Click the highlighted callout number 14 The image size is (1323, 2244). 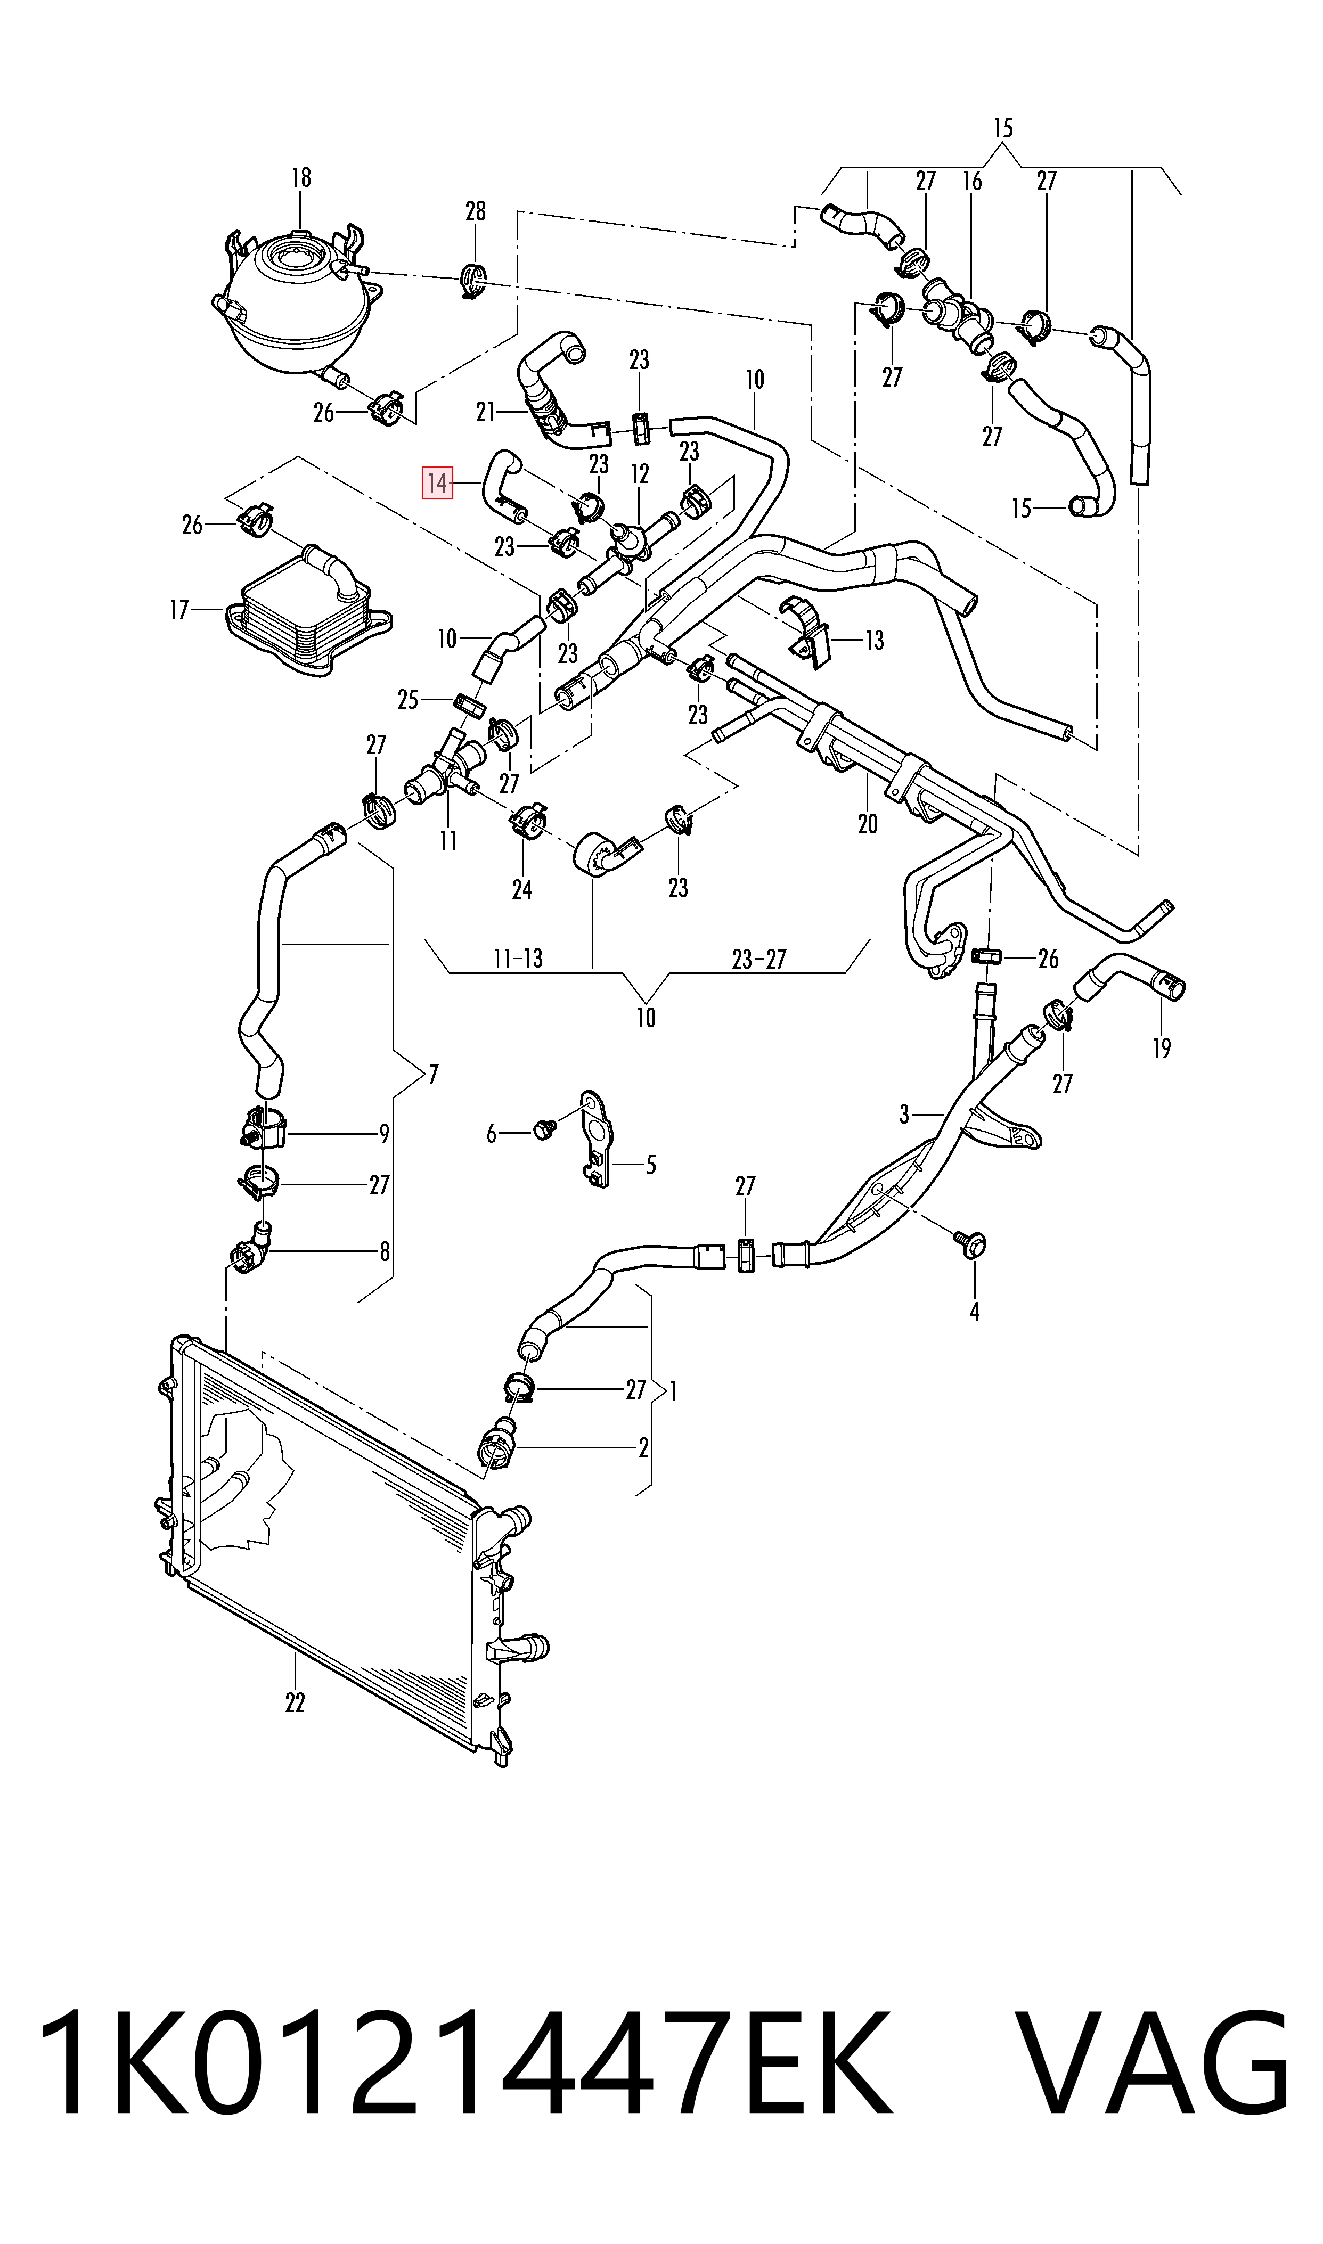click(x=437, y=484)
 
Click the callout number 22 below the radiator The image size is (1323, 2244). click(x=295, y=1702)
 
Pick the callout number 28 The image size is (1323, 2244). click(x=475, y=211)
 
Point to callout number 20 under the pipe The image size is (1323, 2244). click(x=868, y=823)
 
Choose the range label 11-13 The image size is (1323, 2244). click(x=518, y=959)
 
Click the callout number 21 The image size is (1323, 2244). click(x=485, y=412)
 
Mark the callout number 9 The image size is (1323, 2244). click(x=384, y=1134)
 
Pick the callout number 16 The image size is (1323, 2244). click(x=972, y=181)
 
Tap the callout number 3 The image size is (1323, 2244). click(x=904, y=1114)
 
